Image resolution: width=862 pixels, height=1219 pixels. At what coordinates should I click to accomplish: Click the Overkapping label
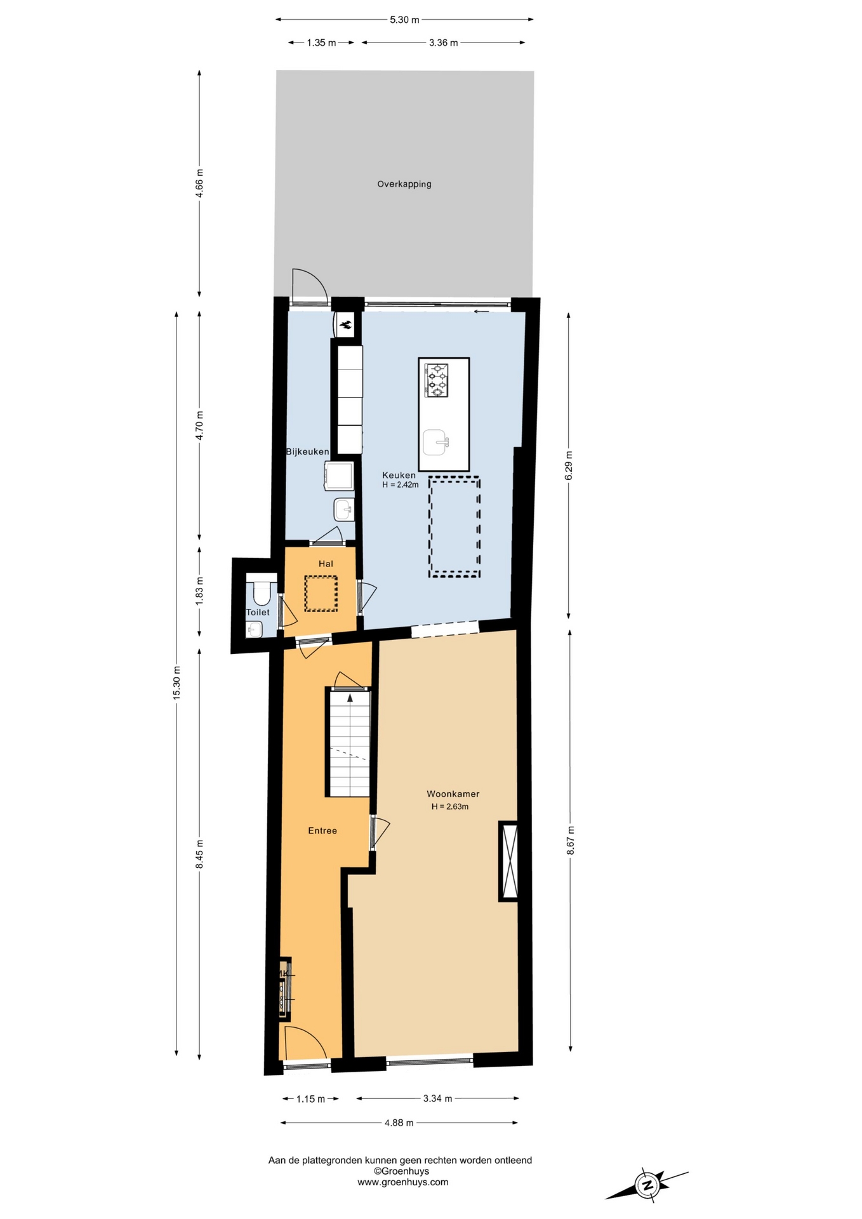tap(404, 184)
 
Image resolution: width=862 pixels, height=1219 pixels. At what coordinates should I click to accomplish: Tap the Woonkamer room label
tap(453, 794)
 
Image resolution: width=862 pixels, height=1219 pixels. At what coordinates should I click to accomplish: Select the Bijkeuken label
tap(307, 452)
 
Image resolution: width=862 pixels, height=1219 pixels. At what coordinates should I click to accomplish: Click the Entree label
tap(322, 830)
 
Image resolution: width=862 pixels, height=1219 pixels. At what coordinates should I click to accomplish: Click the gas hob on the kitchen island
tap(437, 380)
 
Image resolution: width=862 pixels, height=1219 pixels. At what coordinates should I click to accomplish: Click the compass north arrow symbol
tap(647, 1185)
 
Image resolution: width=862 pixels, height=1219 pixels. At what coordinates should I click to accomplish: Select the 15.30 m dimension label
tap(176, 683)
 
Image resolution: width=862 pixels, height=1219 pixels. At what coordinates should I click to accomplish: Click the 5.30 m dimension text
tap(404, 20)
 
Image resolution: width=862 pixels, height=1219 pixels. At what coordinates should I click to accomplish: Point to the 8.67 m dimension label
tap(570, 840)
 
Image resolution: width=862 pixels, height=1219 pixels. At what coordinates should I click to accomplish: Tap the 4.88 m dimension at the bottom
tap(399, 1122)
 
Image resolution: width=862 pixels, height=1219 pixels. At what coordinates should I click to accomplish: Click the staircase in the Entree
tap(348, 743)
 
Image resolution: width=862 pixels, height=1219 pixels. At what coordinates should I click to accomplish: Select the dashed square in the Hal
tap(321, 594)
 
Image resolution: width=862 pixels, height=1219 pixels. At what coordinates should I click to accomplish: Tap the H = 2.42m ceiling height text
tap(401, 485)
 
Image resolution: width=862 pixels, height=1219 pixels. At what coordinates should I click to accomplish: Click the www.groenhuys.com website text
tap(402, 1182)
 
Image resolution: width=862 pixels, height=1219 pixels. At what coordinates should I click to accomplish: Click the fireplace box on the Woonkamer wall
tap(508, 861)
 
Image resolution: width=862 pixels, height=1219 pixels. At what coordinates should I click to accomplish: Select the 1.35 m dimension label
tap(321, 43)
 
